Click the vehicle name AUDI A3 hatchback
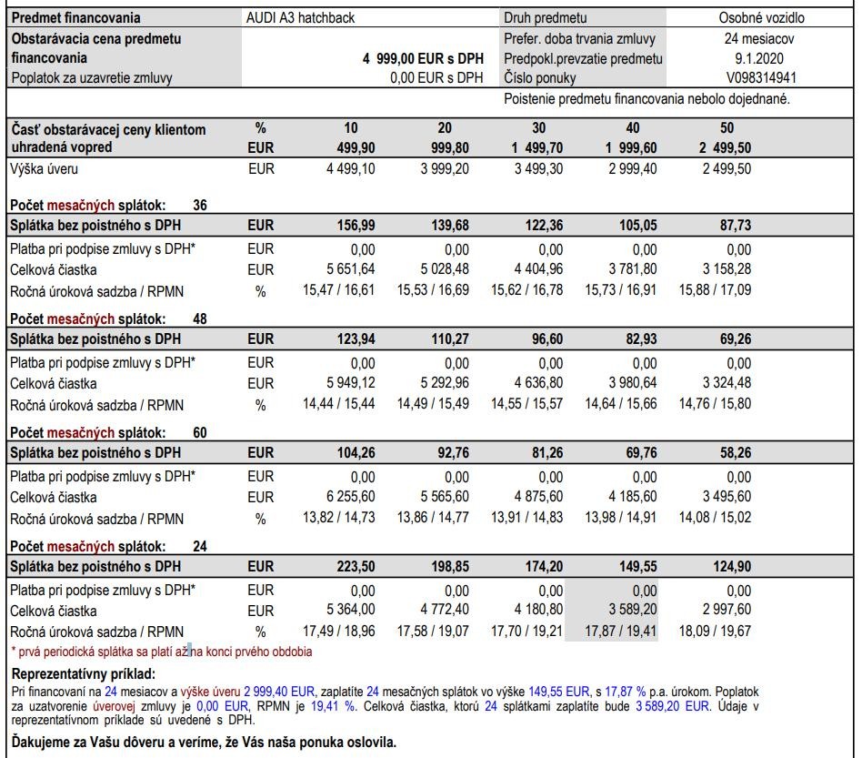300,17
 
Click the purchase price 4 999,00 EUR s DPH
423,58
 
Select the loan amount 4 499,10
350,169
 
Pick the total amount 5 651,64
350,269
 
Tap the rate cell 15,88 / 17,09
715,291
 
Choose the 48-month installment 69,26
732,339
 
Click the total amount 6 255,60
350,497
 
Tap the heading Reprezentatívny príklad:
84,674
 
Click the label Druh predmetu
546,17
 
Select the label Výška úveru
50,169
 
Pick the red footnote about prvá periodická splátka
161,652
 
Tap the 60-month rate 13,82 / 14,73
338,519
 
